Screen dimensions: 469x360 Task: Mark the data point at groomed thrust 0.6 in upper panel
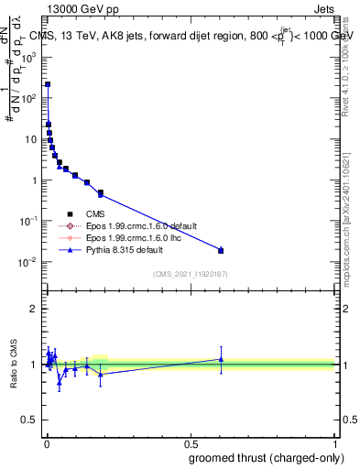[x=221, y=250]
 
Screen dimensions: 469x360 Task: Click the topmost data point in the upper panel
[x=48, y=83]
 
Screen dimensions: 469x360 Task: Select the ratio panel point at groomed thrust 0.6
[x=221, y=359]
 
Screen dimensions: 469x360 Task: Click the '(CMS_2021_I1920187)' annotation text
[x=191, y=273]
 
